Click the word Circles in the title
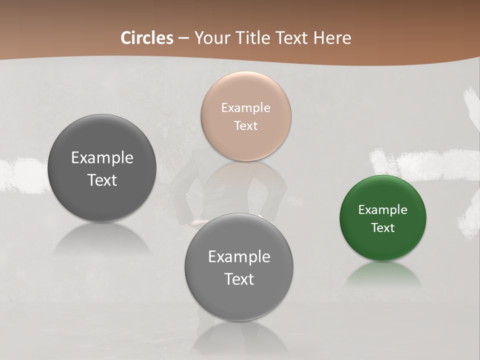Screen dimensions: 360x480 pyautogui.click(x=147, y=38)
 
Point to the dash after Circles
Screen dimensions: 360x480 pyautogui.click(x=183, y=38)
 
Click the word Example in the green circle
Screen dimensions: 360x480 pyautogui.click(x=382, y=210)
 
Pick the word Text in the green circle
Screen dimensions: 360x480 pyautogui.click(x=382, y=228)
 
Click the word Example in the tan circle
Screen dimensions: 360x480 pyautogui.click(x=245, y=108)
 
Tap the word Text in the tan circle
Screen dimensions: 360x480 pyautogui.click(x=245, y=126)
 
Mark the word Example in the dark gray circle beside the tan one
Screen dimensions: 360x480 pyautogui.click(x=102, y=158)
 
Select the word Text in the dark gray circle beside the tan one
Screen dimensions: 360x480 pyautogui.click(x=102, y=180)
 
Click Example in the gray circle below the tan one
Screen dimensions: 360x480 pyautogui.click(x=239, y=257)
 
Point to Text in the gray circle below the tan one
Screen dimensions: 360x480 pyautogui.click(x=239, y=279)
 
